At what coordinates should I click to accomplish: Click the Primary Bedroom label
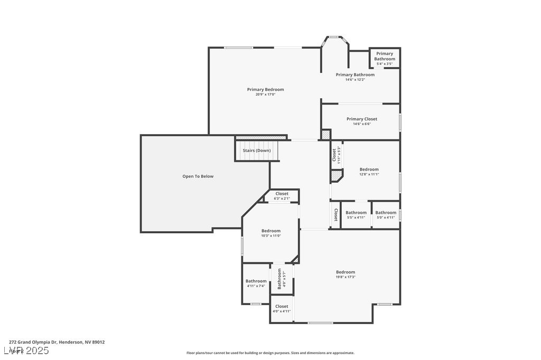[265, 90]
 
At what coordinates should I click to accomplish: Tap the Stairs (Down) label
[257, 150]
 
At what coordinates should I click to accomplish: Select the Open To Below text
[198, 176]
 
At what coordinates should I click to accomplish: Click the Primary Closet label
[362, 119]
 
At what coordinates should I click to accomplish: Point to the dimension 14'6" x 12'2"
[355, 80]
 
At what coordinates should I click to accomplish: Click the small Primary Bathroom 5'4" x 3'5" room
[385, 58]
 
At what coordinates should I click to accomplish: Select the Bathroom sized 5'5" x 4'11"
[356, 214]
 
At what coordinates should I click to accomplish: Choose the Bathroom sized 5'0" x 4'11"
[386, 214]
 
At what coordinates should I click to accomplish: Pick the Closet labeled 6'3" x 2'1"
[282, 196]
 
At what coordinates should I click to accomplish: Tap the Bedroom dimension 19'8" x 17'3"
[346, 277]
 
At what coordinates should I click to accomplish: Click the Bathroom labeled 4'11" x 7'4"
[256, 283]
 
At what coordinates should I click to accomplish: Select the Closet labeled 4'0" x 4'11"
[282, 308]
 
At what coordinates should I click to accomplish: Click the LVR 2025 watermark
[26, 350]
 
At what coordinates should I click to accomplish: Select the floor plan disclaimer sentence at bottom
[270, 353]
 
